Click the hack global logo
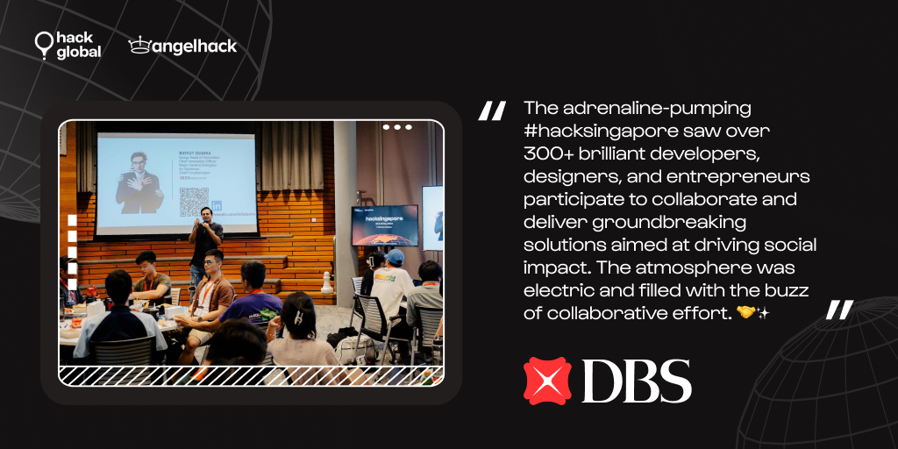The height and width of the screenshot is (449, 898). point(68,46)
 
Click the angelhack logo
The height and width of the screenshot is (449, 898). point(182,46)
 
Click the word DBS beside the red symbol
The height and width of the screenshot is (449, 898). point(636,381)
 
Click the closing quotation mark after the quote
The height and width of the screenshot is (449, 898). point(839,310)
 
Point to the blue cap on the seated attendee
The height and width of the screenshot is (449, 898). point(395,257)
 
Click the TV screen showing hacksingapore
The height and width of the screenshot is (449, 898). point(384,225)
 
